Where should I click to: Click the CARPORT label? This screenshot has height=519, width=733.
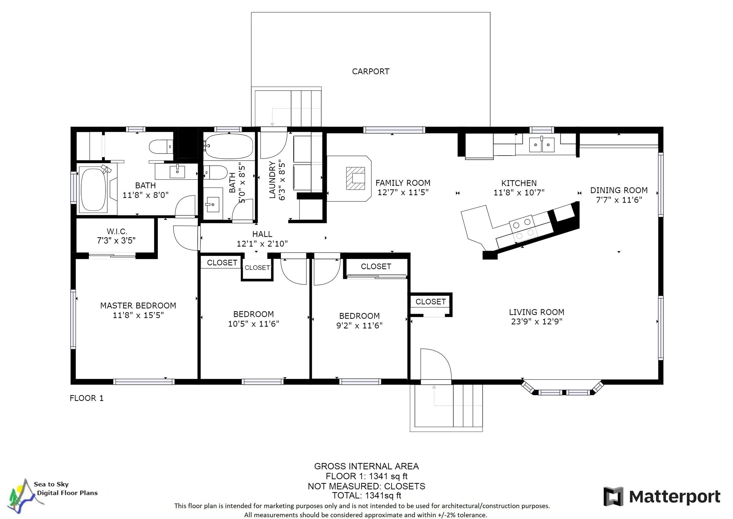click(371, 72)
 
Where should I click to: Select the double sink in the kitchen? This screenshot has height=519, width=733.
click(542, 145)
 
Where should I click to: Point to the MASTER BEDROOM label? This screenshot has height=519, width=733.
click(138, 306)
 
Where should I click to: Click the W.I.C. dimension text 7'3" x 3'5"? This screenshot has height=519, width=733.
click(116, 241)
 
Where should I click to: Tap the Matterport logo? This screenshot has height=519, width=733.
click(662, 497)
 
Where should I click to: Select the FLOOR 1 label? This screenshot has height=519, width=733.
click(87, 398)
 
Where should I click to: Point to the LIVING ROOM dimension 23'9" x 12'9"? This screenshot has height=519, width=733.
click(537, 321)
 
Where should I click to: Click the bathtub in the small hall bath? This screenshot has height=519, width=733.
click(229, 146)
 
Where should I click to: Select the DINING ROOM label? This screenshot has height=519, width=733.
click(619, 191)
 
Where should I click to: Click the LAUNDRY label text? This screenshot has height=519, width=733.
click(272, 180)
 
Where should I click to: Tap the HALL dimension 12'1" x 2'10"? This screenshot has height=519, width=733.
click(262, 244)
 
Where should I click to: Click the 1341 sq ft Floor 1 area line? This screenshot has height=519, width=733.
click(366, 476)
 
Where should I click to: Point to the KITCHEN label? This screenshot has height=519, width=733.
click(519, 183)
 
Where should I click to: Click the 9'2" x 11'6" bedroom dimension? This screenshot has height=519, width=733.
click(359, 326)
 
